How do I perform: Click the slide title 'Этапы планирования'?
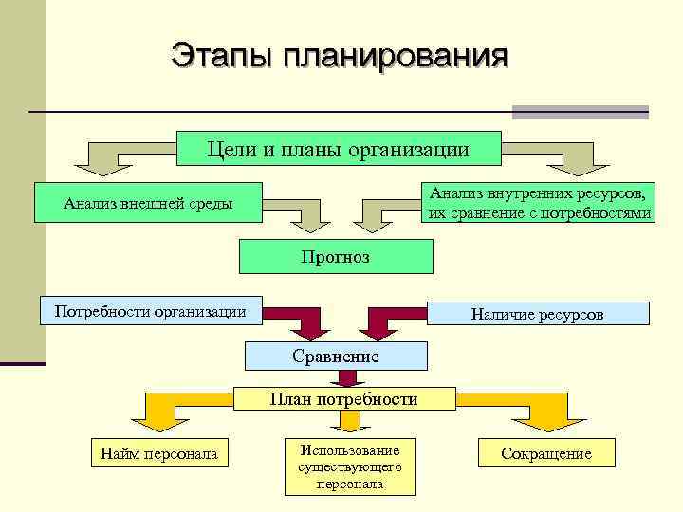[339, 55]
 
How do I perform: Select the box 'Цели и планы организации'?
[339, 149]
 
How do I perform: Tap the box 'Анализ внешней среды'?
[147, 203]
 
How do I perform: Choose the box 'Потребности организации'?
[150, 311]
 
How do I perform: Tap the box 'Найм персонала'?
[158, 454]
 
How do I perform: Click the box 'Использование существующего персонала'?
[349, 466]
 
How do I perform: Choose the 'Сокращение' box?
[546, 454]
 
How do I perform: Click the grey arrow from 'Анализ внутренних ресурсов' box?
[379, 214]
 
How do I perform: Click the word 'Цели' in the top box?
[227, 149]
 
